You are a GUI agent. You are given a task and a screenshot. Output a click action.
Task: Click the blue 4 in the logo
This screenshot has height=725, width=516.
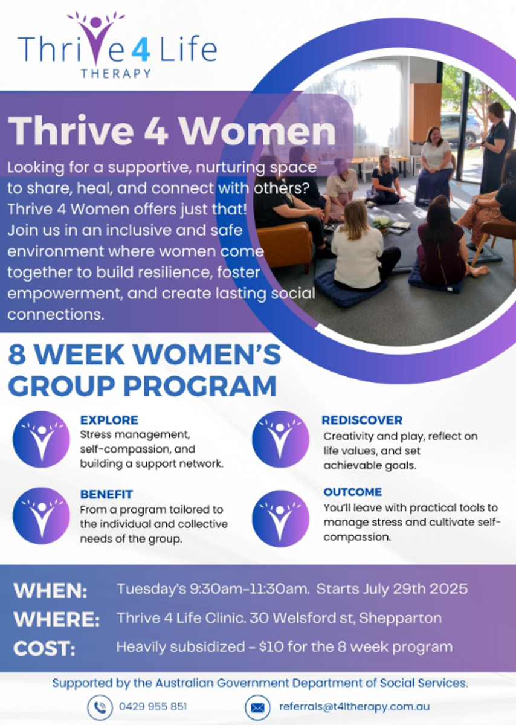pyautogui.click(x=141, y=49)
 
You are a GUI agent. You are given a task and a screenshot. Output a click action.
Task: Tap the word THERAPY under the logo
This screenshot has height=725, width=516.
pyautogui.click(x=116, y=74)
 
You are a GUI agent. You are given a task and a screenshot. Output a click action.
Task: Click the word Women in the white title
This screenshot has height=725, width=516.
pyautogui.click(x=257, y=130)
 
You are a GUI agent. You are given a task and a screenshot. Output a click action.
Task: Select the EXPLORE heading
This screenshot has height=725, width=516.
pyautogui.click(x=109, y=420)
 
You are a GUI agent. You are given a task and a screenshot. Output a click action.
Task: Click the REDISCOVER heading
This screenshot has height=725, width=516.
pyautogui.click(x=362, y=420)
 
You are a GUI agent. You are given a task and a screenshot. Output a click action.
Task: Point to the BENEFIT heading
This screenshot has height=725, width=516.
pyautogui.click(x=106, y=494)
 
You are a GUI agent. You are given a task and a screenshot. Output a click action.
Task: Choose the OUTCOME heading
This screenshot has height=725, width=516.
pyautogui.click(x=352, y=492)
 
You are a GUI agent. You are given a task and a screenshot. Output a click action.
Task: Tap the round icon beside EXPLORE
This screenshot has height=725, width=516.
pyautogui.click(x=42, y=439)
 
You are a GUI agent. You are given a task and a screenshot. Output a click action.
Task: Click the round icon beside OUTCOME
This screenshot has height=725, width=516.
pyautogui.click(x=280, y=518)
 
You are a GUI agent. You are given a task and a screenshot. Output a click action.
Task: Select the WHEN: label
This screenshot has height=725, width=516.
pyautogui.click(x=50, y=590)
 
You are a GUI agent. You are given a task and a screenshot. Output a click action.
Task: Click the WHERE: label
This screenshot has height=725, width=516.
pyautogui.click(x=57, y=619)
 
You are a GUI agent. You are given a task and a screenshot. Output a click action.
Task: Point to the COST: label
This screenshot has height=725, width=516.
pyautogui.click(x=44, y=648)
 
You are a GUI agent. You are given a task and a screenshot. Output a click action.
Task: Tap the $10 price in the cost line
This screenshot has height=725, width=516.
pyautogui.click(x=271, y=647)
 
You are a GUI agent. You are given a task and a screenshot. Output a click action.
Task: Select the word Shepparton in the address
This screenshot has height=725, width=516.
pyautogui.click(x=400, y=619)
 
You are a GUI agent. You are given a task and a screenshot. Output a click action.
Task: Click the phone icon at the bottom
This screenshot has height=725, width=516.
pyautogui.click(x=100, y=708)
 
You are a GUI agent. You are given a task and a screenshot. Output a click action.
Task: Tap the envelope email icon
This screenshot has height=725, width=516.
pyautogui.click(x=257, y=708)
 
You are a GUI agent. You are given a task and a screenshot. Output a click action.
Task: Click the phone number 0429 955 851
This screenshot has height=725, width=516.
pyautogui.click(x=153, y=706)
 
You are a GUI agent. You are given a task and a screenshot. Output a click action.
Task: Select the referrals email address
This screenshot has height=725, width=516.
pyautogui.click(x=355, y=706)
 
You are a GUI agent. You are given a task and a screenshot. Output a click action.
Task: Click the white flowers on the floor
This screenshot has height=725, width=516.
pyautogui.click(x=382, y=222)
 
